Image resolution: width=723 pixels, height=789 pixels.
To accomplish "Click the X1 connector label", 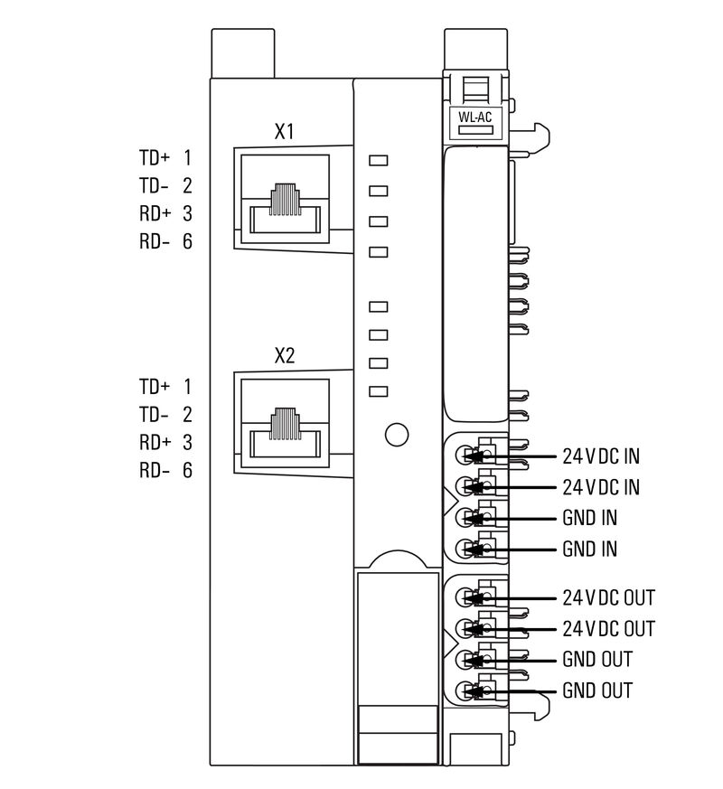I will [x=285, y=131].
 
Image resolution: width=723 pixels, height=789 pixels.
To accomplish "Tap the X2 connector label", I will [x=285, y=356].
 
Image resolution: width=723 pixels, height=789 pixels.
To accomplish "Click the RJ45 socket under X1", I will [x=286, y=207].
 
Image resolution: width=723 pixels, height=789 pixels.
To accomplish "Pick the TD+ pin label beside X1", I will [x=154, y=158].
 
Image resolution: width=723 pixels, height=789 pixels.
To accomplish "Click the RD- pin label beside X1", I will [x=154, y=242].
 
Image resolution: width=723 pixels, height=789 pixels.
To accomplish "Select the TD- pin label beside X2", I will [x=154, y=415].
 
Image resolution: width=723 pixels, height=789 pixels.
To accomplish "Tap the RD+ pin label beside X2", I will [x=154, y=443].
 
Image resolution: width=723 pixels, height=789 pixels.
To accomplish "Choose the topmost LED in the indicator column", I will [x=379, y=161].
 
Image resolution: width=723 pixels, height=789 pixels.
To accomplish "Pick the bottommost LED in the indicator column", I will [x=379, y=391].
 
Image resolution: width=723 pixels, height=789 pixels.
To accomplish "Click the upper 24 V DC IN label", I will [x=601, y=456].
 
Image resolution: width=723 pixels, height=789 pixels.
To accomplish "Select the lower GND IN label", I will [x=589, y=549].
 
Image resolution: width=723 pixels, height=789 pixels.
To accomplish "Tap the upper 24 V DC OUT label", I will [x=608, y=597].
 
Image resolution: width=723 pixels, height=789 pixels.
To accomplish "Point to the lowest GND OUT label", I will [x=597, y=690].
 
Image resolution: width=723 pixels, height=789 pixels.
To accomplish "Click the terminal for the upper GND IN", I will [x=466, y=518].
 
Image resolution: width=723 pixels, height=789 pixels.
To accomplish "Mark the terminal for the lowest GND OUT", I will [x=466, y=691].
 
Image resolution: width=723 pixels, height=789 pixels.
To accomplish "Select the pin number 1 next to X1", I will [x=188, y=158].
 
